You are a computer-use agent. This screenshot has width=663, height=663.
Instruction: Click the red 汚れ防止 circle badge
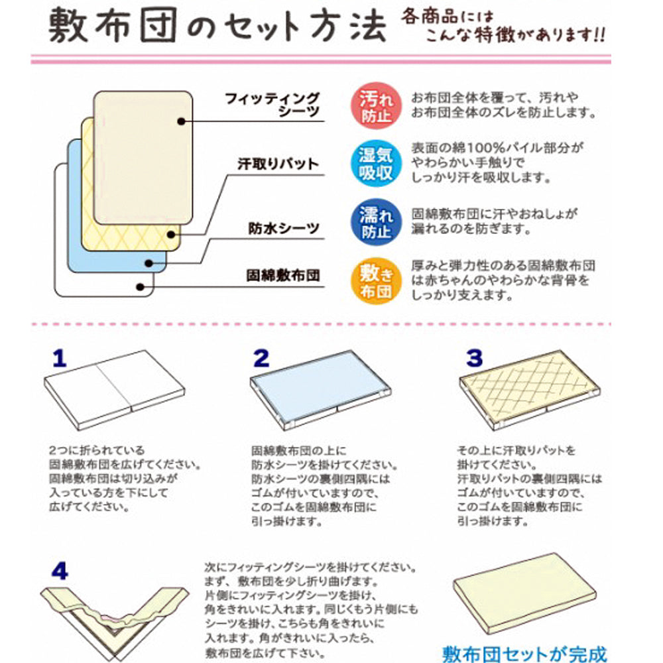(x=375, y=106)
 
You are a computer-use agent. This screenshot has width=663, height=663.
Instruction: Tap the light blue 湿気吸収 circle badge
(x=375, y=164)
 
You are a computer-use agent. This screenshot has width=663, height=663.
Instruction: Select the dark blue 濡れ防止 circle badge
(x=375, y=222)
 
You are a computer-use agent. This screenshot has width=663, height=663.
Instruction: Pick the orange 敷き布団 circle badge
(x=375, y=281)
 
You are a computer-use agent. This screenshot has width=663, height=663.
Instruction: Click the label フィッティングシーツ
(x=272, y=105)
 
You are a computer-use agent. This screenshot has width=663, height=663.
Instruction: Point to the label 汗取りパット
(x=278, y=164)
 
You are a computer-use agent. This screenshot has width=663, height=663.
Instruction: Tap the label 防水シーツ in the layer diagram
(x=284, y=228)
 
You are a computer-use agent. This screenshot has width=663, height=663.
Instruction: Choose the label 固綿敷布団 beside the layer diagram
(x=283, y=276)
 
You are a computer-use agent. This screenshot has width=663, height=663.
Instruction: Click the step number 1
(x=60, y=359)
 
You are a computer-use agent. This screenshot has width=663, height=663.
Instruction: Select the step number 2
(x=261, y=359)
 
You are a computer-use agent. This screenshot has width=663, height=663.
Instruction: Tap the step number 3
(x=475, y=358)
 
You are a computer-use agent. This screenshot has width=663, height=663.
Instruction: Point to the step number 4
(x=60, y=572)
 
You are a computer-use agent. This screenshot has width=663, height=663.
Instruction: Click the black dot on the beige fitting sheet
(x=182, y=121)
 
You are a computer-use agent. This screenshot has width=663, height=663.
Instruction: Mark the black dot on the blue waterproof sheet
(x=149, y=263)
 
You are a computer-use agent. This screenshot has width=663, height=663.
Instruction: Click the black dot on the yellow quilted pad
(x=171, y=235)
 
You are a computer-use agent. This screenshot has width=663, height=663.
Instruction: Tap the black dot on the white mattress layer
(x=141, y=287)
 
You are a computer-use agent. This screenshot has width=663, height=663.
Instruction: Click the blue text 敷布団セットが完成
(x=524, y=654)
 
